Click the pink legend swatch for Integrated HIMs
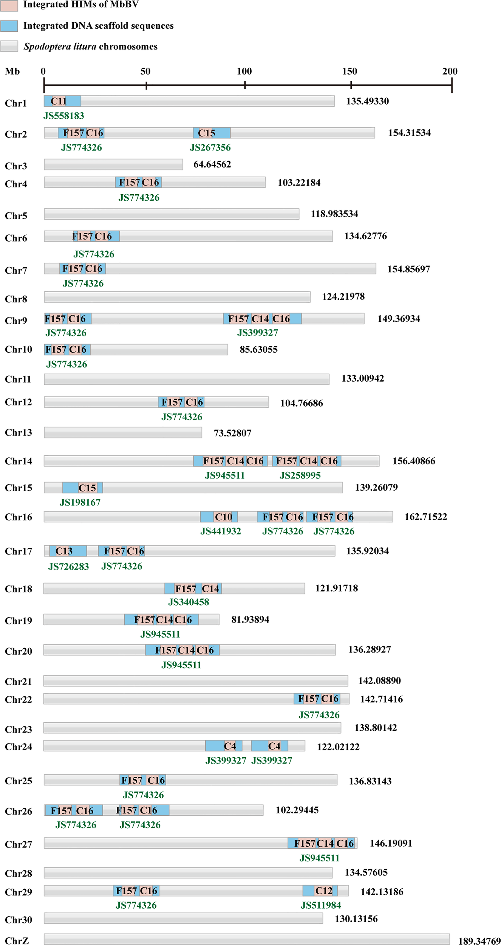tap(9, 5)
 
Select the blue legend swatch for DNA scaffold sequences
tap(9, 26)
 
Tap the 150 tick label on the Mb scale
tap(349, 71)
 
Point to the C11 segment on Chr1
tap(59, 101)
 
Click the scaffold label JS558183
tap(63, 116)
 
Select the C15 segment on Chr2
tap(207, 133)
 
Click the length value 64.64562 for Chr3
tap(212, 164)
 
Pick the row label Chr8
tap(16, 299)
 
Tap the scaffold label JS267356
tap(210, 147)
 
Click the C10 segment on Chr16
tap(223, 517)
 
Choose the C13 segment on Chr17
tap(64, 551)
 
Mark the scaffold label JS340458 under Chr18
tap(189, 602)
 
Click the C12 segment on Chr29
tap(324, 891)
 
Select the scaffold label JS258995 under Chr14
tap(300, 476)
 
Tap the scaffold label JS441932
tap(221, 531)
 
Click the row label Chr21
tap(18, 682)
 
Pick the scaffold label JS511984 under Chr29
tap(321, 905)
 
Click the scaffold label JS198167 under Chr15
tap(80, 502)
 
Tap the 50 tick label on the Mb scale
tap(145, 71)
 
